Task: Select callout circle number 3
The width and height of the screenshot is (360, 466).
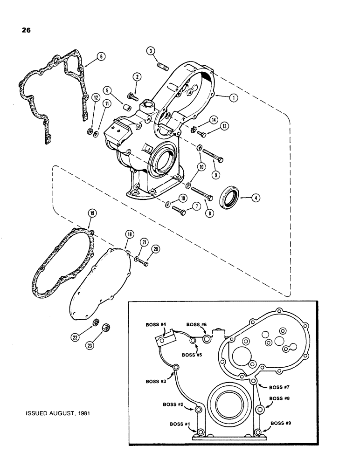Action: click(x=151, y=50)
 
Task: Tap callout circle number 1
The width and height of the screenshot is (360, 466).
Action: click(x=232, y=97)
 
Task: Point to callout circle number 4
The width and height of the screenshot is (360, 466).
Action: click(x=256, y=197)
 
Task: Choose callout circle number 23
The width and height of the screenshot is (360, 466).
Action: click(x=102, y=346)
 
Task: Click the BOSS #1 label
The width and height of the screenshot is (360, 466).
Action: click(x=173, y=423)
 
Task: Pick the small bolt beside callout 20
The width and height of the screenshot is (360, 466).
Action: click(x=145, y=263)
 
